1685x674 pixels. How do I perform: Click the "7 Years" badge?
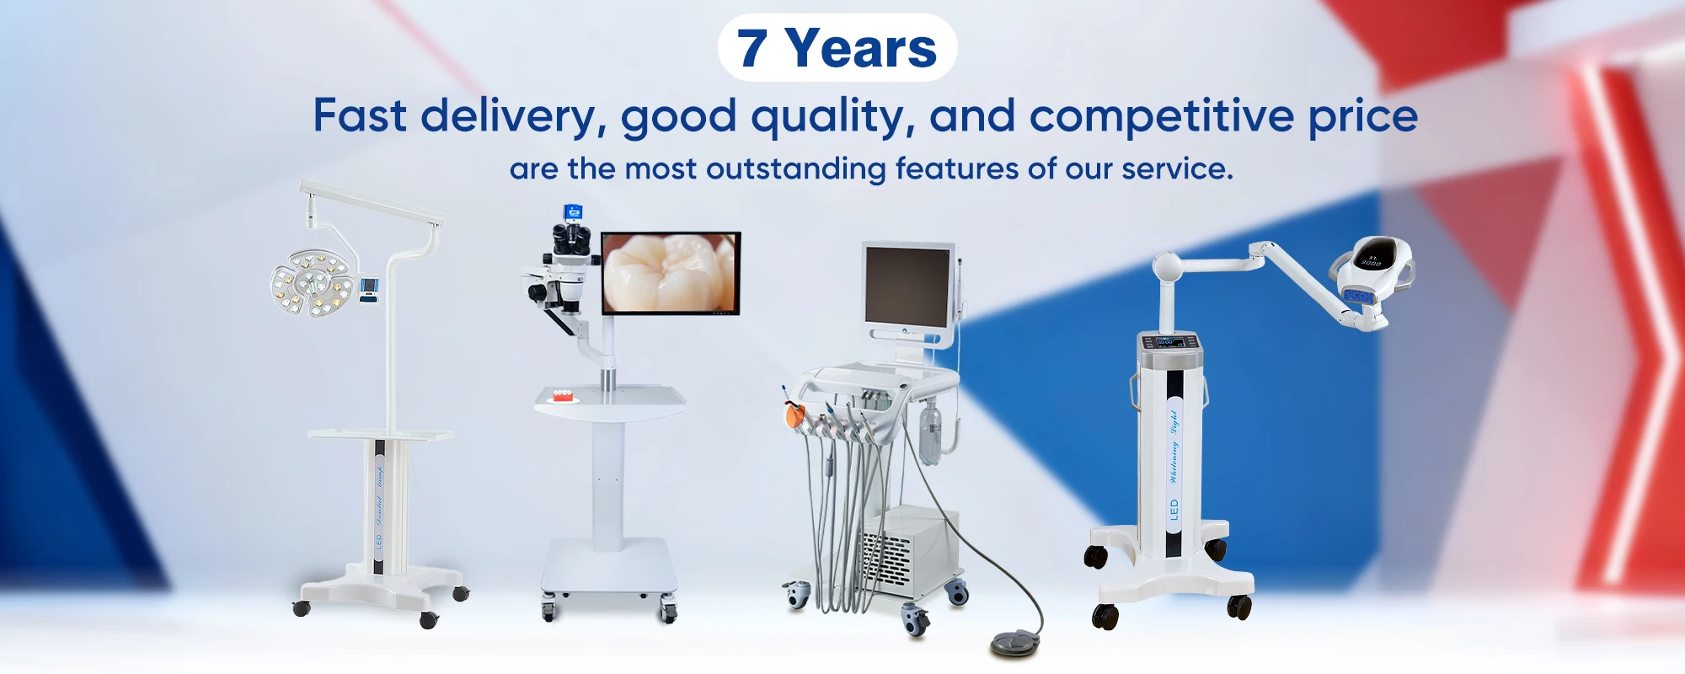coord(837,48)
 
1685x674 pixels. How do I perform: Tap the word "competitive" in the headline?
coord(1161,116)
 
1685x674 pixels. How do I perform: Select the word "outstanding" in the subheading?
coord(795,169)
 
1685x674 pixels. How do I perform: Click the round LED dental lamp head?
coord(311,283)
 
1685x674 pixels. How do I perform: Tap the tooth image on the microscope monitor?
coord(671,273)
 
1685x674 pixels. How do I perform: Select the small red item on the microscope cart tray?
coord(561,394)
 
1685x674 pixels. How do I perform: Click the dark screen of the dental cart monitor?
coord(907,286)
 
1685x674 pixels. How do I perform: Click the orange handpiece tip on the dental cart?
coord(793,415)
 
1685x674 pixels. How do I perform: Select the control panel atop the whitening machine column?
coord(1170,342)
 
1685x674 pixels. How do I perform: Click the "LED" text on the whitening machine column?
coord(1174,510)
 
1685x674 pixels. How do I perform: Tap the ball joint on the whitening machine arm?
coord(1168,267)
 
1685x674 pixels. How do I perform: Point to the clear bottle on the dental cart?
coord(930,430)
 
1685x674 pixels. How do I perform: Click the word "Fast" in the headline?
coord(360,116)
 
